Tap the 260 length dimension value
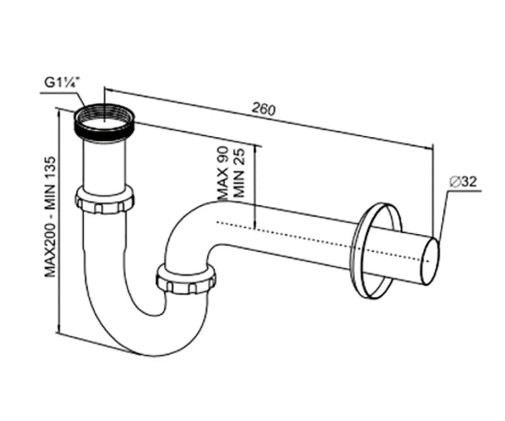(x=264, y=109)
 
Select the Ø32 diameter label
(x=463, y=182)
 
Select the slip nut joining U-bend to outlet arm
(x=186, y=278)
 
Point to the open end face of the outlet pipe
(x=431, y=262)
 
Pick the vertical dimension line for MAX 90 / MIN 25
(x=255, y=187)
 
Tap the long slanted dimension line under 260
(x=268, y=118)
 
